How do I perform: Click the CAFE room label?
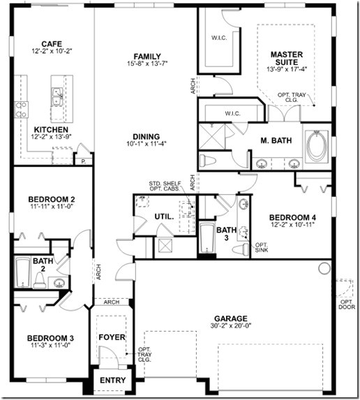[x=52, y=43]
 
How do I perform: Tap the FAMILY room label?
[x=147, y=57]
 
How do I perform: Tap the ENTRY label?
[x=112, y=380]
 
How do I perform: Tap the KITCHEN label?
[x=51, y=130]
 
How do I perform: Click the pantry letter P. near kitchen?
[x=84, y=160]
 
